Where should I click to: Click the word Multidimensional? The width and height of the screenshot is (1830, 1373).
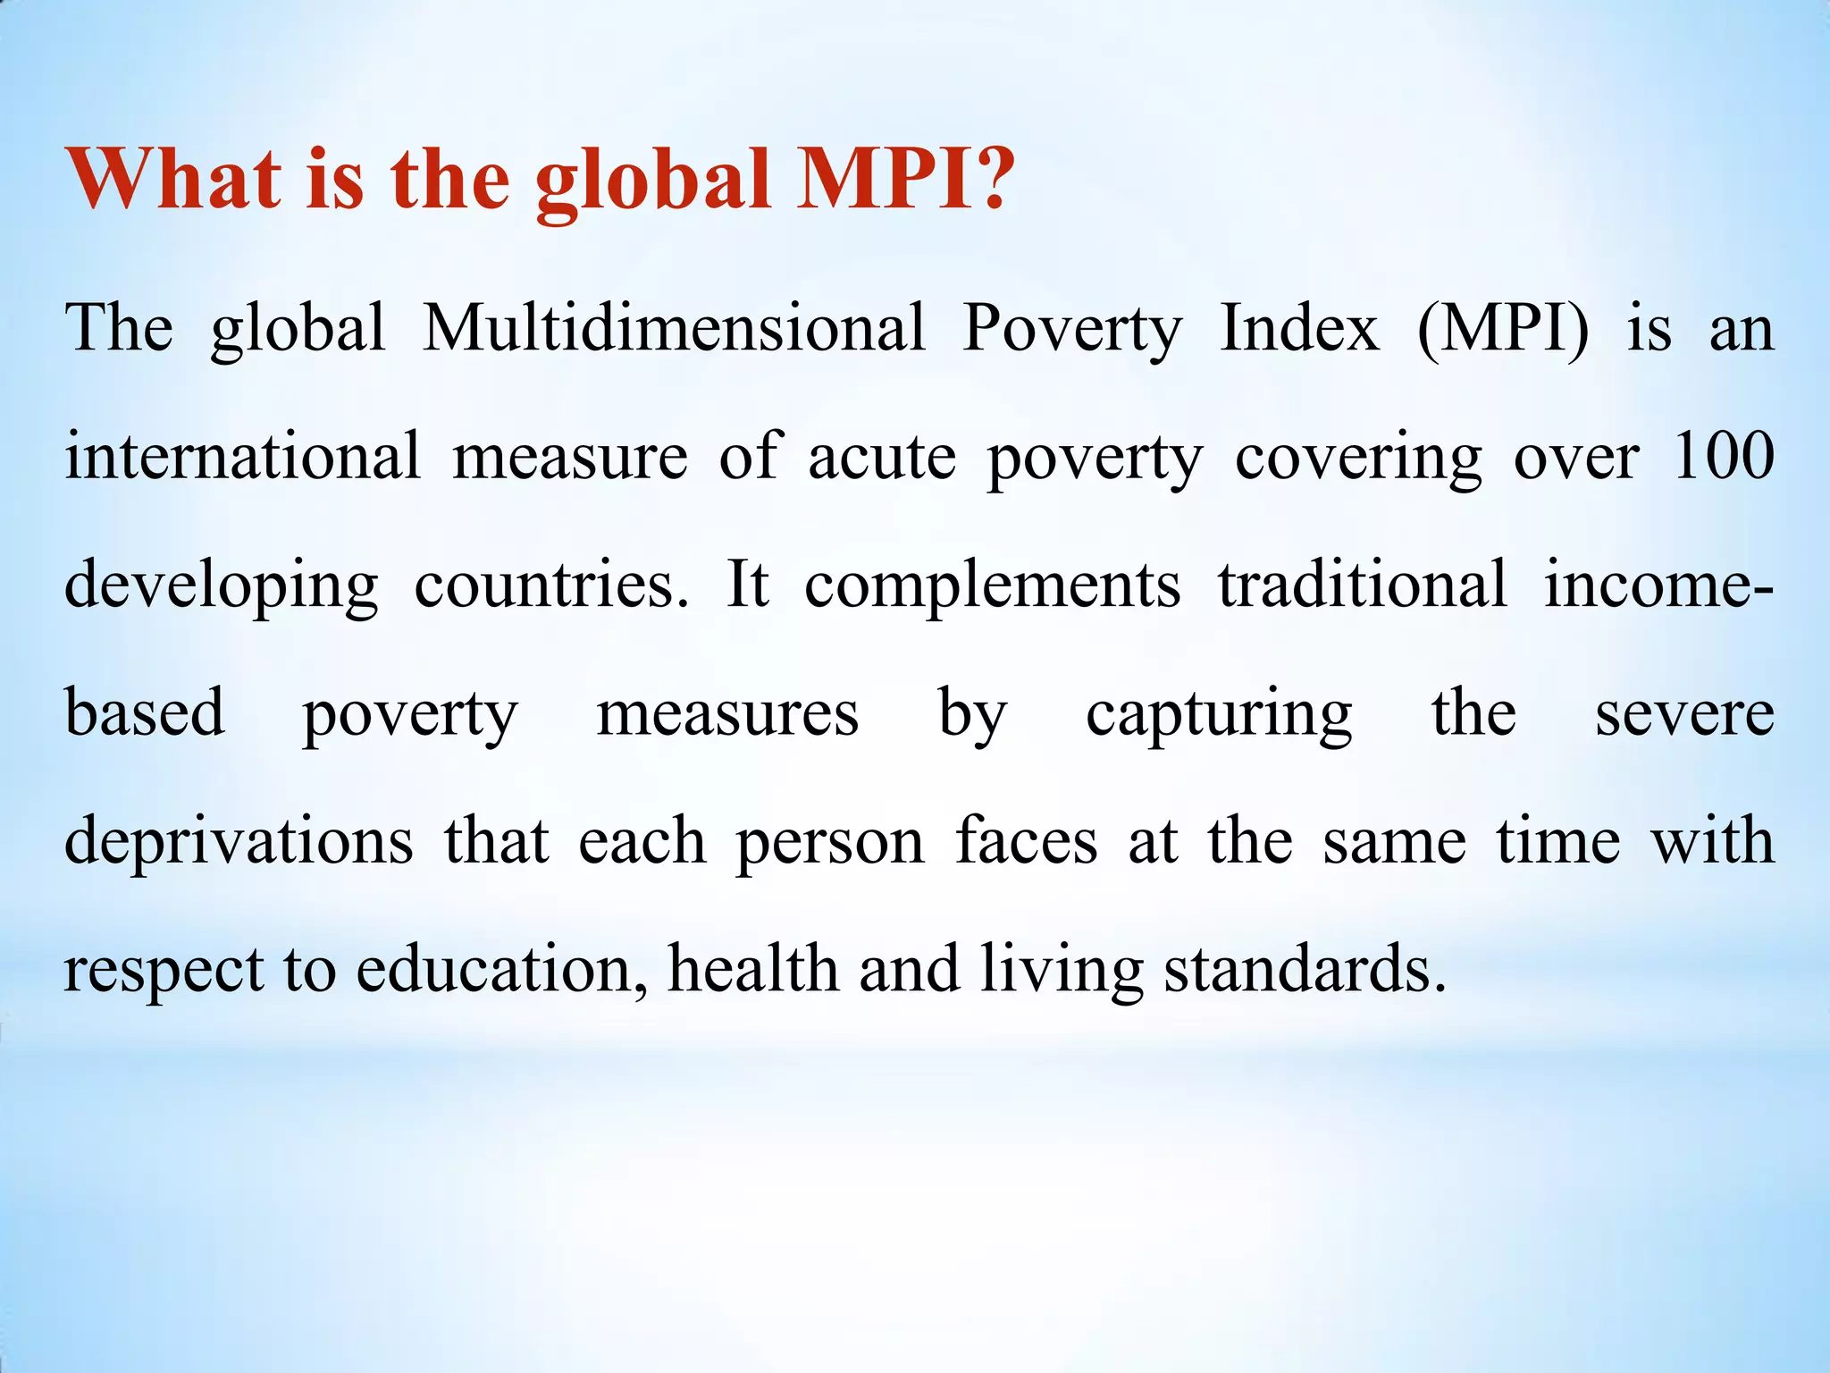coord(674,328)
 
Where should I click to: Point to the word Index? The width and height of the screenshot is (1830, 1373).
coord(1300,328)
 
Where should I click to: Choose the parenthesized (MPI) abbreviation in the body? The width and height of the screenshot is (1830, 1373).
coord(1504,328)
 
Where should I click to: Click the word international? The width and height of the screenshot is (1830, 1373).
coord(242,456)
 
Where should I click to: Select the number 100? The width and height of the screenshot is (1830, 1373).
coord(1724,456)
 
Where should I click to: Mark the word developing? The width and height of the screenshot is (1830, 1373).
coord(222,585)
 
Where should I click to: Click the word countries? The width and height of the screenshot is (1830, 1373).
coord(551,585)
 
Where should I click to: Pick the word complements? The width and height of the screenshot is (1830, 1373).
coord(993,585)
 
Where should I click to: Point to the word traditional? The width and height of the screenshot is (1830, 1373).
coord(1363,585)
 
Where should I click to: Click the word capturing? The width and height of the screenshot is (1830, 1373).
coord(1219,714)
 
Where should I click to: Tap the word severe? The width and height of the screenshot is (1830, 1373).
coord(1685,714)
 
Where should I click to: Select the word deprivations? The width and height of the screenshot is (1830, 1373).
coord(239,842)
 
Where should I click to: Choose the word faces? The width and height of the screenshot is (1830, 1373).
coord(1026,841)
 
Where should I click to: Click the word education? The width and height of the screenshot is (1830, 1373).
coord(501,969)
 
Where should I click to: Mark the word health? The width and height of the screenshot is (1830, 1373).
coord(753,969)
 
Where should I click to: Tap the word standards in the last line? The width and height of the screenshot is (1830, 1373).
coord(1304,969)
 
